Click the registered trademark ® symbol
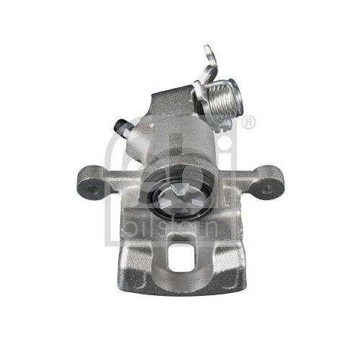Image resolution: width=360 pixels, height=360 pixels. pos(248,123)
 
